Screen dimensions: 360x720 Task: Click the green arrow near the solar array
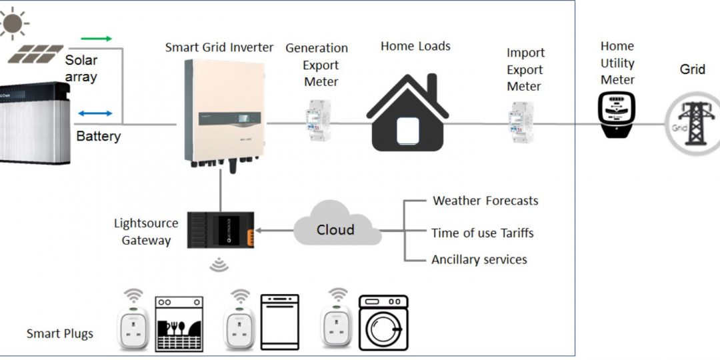pos(96,39)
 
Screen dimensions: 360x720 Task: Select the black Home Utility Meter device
pos(617,115)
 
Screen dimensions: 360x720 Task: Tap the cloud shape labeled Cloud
pos(336,230)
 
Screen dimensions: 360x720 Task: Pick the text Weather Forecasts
pos(485,201)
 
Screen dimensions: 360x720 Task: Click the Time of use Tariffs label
pos(482,233)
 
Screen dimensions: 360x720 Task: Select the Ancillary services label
pos(479,260)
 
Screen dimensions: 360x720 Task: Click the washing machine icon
pos(384,323)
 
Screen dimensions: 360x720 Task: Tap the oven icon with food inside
pos(179,324)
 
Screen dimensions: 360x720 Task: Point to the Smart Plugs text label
pos(60,333)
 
